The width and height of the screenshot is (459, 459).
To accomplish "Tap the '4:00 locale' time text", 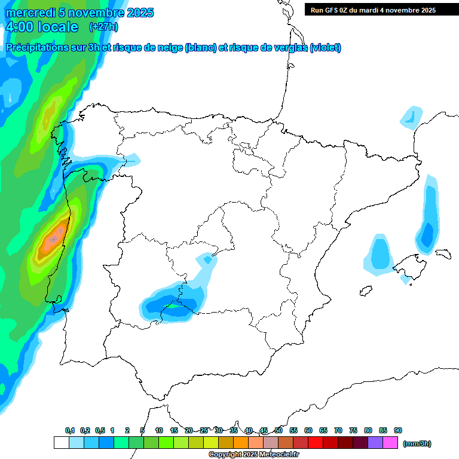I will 41,27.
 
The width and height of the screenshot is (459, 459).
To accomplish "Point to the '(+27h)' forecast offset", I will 103,27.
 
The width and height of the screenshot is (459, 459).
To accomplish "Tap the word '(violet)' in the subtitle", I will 325,48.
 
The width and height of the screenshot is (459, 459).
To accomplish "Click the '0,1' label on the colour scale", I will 70,430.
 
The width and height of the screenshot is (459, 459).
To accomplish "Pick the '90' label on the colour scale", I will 398,430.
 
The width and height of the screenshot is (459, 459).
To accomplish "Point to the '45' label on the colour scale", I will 264,430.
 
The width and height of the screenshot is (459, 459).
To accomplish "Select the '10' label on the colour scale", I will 159,430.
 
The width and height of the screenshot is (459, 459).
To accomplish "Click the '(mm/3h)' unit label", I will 417,443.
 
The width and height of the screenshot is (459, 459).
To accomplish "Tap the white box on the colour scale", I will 61,442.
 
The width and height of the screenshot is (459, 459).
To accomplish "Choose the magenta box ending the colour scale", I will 390,442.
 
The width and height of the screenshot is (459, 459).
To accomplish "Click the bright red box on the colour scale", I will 316,442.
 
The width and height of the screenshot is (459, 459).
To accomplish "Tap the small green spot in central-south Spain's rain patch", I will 172,305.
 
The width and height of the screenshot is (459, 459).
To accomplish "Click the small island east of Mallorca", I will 442,253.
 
